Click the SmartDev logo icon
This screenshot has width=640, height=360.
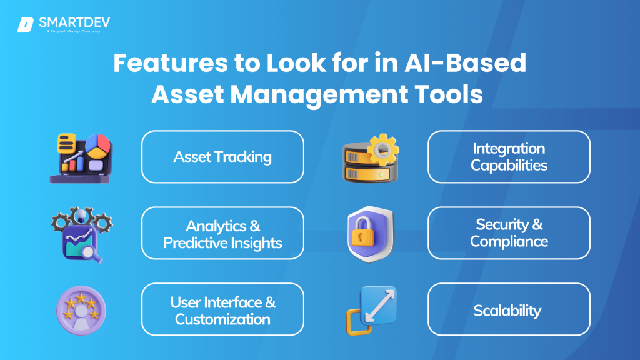(26, 25)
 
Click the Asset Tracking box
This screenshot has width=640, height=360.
(222, 156)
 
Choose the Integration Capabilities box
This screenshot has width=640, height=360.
(509, 156)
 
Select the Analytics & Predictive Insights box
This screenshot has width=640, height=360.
(222, 233)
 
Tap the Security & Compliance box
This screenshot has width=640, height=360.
(509, 233)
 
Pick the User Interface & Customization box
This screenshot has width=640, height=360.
(222, 309)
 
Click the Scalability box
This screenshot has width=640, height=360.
(509, 309)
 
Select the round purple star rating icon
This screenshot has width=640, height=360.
(81, 311)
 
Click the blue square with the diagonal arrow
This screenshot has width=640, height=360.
(377, 304)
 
